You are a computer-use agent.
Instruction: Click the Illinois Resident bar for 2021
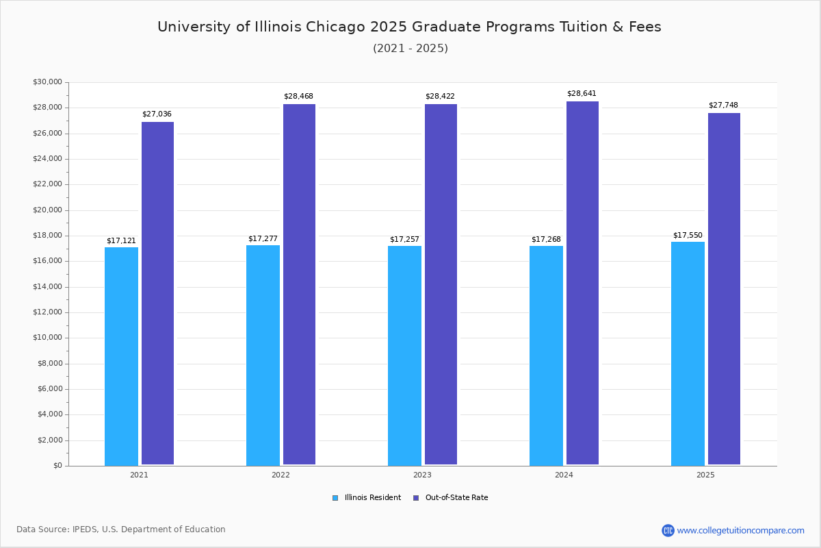[121, 356]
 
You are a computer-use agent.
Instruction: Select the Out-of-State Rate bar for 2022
[299, 284]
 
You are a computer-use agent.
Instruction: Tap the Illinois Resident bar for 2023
[404, 356]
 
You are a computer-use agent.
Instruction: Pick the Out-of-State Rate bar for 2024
[582, 283]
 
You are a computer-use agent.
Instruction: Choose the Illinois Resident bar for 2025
[688, 353]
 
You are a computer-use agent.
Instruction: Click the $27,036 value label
[157, 114]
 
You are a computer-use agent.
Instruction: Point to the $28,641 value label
[582, 94]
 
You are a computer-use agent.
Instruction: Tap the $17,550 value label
[688, 235]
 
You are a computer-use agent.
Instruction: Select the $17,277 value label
[263, 239]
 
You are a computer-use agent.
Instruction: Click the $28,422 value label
[440, 97]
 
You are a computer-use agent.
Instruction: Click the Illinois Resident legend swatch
[335, 498]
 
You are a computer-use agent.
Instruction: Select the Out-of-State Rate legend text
[456, 498]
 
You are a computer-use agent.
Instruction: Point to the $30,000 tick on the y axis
[47, 82]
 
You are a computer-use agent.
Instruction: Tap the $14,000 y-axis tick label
[47, 287]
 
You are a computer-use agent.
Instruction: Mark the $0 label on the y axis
[57, 466]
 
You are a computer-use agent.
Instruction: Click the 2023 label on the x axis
[422, 475]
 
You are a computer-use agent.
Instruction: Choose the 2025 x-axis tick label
[705, 475]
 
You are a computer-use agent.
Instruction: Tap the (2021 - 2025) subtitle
[410, 49]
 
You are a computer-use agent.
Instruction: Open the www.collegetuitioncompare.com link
[740, 530]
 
